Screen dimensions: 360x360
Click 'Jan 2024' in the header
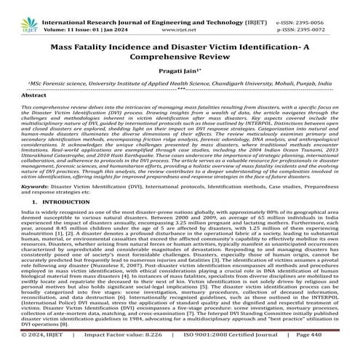[x=121, y=15]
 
